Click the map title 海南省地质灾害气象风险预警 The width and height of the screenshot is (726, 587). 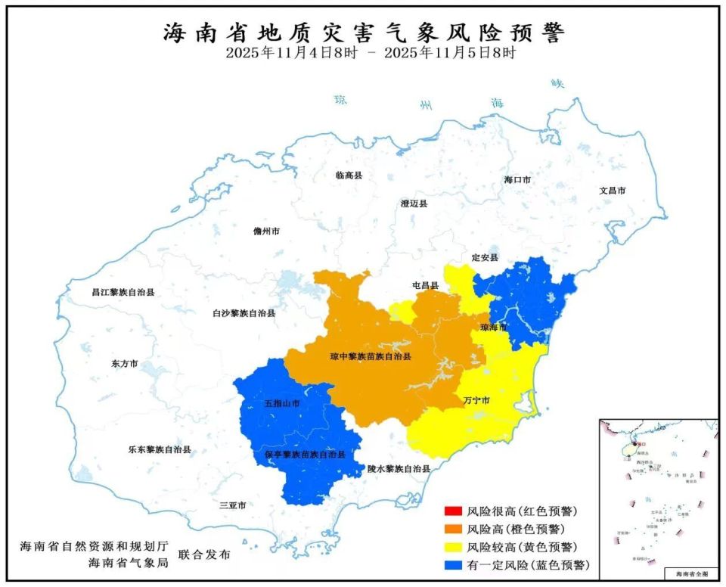(x=364, y=33)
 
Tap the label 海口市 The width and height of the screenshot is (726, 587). (x=517, y=180)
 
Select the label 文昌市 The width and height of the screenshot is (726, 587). (x=612, y=191)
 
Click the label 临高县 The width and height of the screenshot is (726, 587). (x=349, y=175)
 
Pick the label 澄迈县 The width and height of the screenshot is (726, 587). (x=414, y=203)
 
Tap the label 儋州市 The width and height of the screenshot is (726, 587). (x=266, y=231)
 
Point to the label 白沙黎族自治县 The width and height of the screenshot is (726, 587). (x=244, y=312)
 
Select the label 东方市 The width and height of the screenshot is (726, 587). (x=124, y=364)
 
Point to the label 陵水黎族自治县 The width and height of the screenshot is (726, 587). (x=399, y=469)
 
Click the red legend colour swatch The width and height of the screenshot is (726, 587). (x=453, y=511)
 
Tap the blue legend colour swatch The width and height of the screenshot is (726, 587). (x=453, y=565)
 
